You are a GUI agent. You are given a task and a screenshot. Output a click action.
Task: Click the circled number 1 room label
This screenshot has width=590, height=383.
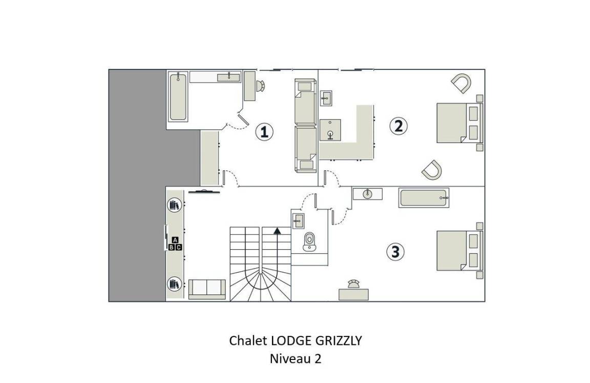(264, 132)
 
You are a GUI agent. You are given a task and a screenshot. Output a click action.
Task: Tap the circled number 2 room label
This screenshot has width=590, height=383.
(398, 126)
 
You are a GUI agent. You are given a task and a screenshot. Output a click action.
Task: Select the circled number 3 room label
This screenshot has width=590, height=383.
(395, 252)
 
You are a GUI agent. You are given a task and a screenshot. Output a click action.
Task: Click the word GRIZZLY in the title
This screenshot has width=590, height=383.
(338, 340)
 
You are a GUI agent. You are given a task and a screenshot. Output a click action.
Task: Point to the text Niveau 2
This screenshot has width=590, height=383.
(296, 358)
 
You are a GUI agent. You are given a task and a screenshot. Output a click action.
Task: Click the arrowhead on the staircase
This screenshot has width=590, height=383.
(277, 231)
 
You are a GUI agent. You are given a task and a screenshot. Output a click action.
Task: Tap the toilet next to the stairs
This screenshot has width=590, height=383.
(309, 241)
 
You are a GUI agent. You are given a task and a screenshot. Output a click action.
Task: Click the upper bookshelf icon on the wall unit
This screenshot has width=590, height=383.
(174, 205)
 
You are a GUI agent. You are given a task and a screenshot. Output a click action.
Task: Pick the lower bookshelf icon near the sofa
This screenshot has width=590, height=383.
(174, 284)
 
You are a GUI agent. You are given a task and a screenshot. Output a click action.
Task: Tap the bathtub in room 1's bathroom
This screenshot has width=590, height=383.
(178, 97)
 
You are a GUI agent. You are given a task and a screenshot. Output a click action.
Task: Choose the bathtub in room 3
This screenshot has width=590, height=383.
(424, 198)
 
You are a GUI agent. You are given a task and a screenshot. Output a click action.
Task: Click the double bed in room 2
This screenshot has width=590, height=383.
(459, 123)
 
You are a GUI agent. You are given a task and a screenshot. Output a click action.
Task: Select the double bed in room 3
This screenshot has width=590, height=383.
(459, 250)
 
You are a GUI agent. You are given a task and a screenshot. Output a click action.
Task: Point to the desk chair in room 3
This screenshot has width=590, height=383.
(353, 285)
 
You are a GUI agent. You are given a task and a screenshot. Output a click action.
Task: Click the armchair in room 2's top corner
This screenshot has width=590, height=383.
(461, 83)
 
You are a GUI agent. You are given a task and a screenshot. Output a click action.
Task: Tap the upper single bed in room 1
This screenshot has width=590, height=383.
(305, 102)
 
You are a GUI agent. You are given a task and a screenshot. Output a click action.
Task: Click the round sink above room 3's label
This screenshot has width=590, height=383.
(367, 194)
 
